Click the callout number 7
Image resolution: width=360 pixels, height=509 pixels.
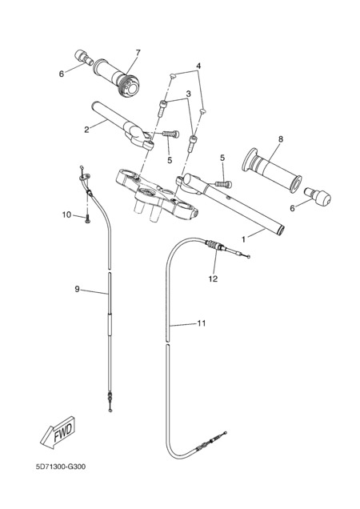(x=138, y=53)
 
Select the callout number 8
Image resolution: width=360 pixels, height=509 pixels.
(x=281, y=139)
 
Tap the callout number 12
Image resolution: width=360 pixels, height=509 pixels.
(x=214, y=279)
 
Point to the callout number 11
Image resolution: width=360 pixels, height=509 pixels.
(x=202, y=323)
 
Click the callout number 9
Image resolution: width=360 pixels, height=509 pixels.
(x=78, y=289)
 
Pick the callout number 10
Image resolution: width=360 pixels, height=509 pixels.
(x=66, y=214)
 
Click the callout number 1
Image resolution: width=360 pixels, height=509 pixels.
(x=243, y=239)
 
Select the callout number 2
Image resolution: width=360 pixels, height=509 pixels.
(x=86, y=130)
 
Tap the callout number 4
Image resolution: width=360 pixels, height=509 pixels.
(x=198, y=66)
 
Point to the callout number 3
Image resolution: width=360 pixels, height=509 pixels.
(x=189, y=94)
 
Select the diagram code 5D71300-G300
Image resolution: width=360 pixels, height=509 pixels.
(x=61, y=467)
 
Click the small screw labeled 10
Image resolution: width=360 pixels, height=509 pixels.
(x=87, y=219)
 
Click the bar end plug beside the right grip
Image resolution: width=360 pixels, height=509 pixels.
(x=317, y=196)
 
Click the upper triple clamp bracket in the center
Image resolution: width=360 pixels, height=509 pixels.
(x=158, y=196)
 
